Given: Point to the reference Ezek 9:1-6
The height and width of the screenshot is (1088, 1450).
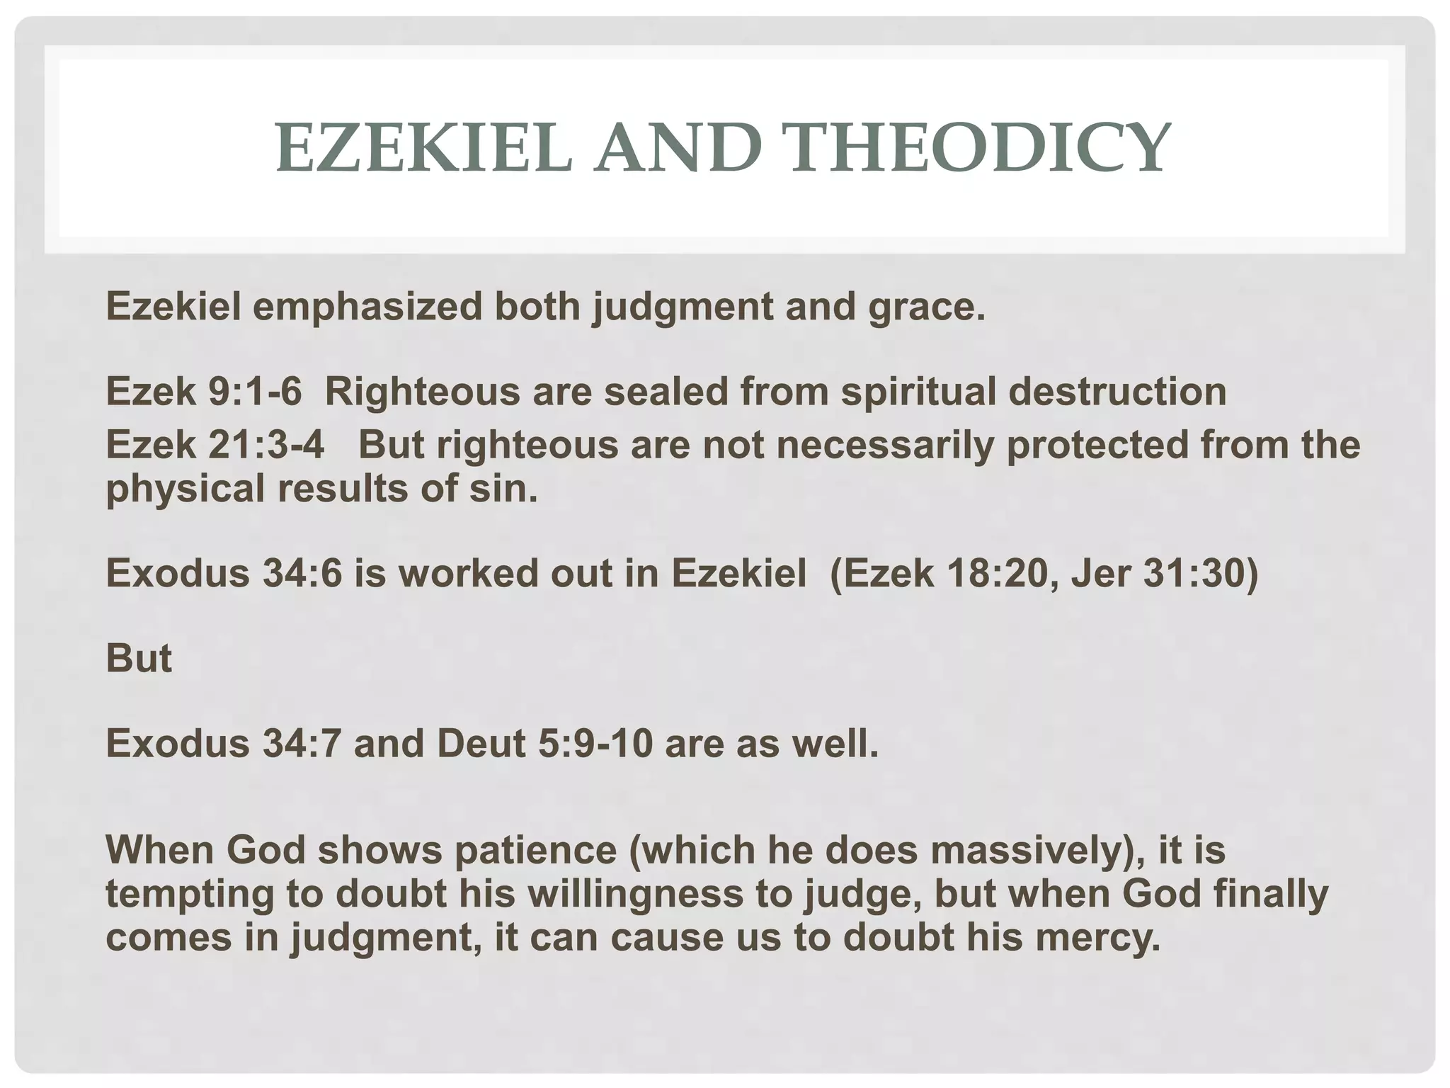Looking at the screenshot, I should pos(204,391).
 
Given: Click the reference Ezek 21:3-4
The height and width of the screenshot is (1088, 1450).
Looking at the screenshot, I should pos(215,445).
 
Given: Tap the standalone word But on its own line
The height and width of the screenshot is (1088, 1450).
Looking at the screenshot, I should pos(139,659).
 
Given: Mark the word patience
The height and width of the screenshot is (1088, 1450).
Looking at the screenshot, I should pos(535,850).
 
